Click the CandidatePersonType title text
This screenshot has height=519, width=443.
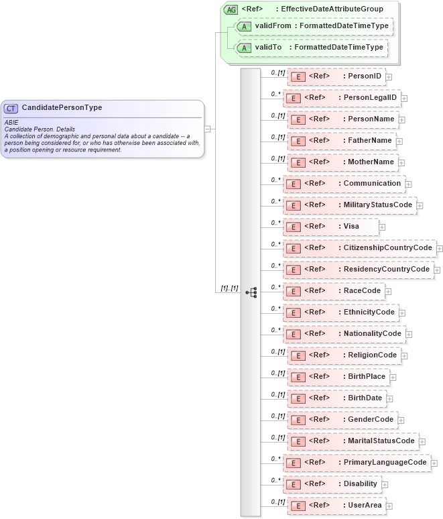[62, 107]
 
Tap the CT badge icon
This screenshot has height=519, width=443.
[11, 108]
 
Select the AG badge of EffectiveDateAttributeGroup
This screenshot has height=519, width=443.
[231, 9]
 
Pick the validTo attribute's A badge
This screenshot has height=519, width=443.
[245, 48]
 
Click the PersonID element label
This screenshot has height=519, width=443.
[365, 76]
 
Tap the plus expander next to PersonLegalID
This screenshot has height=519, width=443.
[404, 98]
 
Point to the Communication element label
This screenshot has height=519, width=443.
[372, 183]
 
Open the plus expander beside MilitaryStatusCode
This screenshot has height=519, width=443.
[420, 205]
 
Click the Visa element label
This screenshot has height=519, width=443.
[351, 226]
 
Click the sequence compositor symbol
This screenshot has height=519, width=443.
[251, 292]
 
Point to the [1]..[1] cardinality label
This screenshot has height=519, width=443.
[229, 288]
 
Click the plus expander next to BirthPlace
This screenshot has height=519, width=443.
[393, 377]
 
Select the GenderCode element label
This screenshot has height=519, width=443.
[371, 419]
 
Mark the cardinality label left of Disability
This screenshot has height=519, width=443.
[275, 480]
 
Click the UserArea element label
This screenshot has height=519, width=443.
[365, 505]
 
